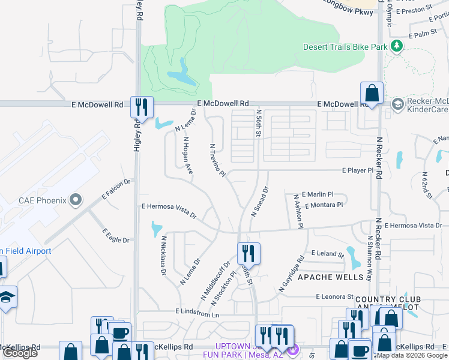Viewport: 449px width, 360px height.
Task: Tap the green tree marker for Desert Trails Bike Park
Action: (x=396, y=46)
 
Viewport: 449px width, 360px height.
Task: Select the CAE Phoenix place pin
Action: (x=75, y=199)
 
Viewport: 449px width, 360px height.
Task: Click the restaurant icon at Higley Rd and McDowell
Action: (x=142, y=107)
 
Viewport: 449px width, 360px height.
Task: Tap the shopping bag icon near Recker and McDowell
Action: (x=372, y=93)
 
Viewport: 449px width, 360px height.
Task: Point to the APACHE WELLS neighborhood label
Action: (x=331, y=277)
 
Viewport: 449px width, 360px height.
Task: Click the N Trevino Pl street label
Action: (x=217, y=161)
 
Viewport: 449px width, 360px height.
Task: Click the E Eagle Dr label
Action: (x=116, y=236)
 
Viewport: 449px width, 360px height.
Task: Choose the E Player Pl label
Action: (x=358, y=170)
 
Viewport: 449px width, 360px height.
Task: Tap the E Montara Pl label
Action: (x=324, y=205)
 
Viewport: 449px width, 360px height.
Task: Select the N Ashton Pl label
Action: (x=299, y=210)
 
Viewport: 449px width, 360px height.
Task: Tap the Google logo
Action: (x=20, y=353)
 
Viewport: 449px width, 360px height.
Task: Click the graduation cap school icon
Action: (x=8, y=297)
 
